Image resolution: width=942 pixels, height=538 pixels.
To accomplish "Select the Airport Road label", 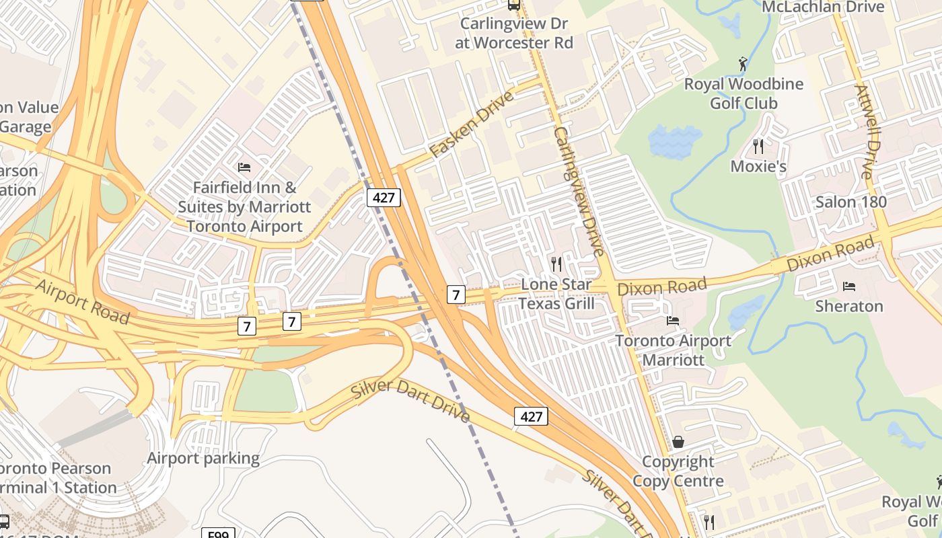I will pyautogui.click(x=82, y=302).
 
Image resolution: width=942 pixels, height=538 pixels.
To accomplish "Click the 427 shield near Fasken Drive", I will pyautogui.click(x=384, y=198).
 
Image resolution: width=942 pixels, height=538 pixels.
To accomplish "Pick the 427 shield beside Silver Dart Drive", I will pyautogui.click(x=531, y=417).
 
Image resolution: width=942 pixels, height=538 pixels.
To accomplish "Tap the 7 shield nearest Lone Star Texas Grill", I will pyautogui.click(x=456, y=294).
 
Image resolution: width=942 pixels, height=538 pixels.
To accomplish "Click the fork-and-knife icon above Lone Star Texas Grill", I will pyautogui.click(x=556, y=264).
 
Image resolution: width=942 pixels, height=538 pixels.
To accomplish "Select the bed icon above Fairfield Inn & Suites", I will pyautogui.click(x=244, y=167).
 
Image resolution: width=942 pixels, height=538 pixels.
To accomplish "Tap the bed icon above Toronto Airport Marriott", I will pyautogui.click(x=672, y=320).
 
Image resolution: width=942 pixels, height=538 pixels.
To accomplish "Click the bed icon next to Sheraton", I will pyautogui.click(x=849, y=286).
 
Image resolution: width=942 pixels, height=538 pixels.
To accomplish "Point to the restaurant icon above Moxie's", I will pyautogui.click(x=758, y=145).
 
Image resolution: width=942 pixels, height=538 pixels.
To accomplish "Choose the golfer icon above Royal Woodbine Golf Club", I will pyautogui.click(x=743, y=64).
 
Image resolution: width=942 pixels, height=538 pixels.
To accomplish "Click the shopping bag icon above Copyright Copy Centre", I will pyautogui.click(x=678, y=442).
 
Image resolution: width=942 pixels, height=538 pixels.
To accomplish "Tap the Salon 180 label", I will pyautogui.click(x=850, y=202).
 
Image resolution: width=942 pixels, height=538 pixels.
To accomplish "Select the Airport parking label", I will pyautogui.click(x=203, y=459).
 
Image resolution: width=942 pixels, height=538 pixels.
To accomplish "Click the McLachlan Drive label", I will pyautogui.click(x=822, y=7).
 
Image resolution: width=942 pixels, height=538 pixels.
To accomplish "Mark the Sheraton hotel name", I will pyautogui.click(x=849, y=307).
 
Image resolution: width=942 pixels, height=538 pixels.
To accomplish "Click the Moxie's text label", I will pyautogui.click(x=758, y=166).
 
